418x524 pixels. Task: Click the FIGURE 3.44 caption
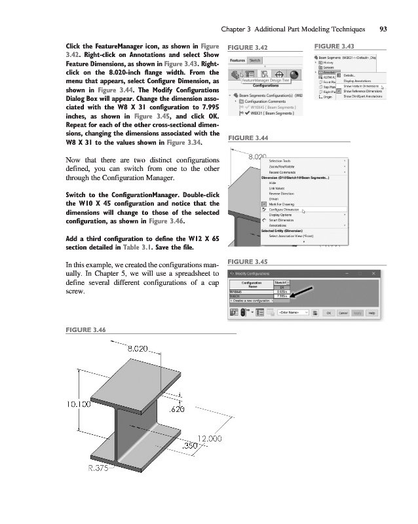[246, 139]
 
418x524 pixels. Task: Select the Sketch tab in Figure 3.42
[254, 60]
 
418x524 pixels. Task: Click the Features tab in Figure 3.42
[238, 60]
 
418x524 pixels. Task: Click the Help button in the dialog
[371, 313]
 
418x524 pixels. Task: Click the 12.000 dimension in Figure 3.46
[209, 438]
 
